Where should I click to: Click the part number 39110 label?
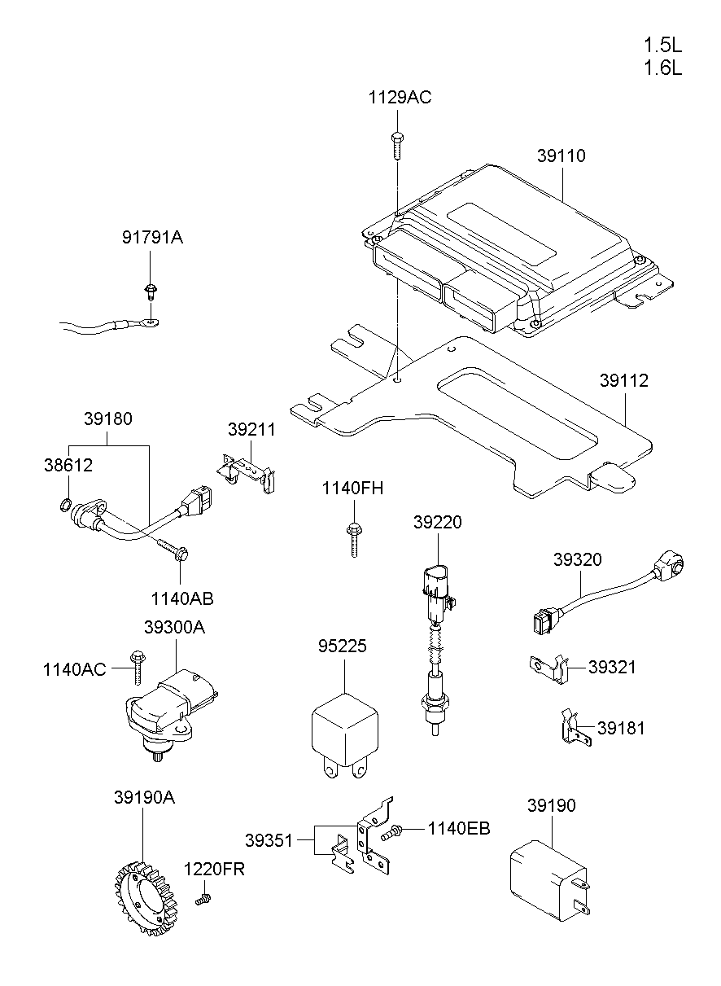click(561, 156)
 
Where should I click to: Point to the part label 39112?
click(624, 380)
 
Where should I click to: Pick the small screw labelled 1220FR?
click(203, 899)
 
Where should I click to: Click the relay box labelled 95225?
click(344, 730)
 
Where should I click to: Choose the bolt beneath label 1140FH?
click(353, 538)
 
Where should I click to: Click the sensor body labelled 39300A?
click(166, 709)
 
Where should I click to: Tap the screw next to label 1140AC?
click(135, 664)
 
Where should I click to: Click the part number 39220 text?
click(437, 523)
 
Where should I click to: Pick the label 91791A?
click(152, 238)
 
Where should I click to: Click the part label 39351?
click(269, 839)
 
